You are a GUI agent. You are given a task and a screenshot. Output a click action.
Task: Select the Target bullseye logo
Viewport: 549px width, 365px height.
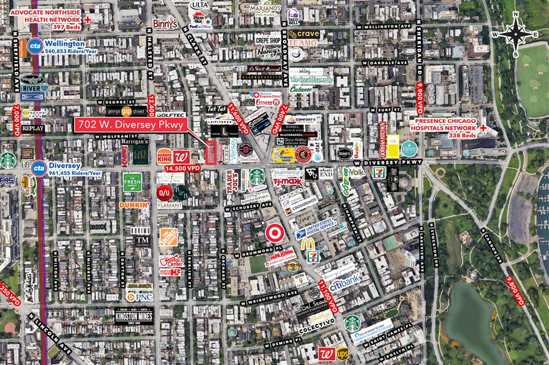pyautogui.click(x=274, y=233)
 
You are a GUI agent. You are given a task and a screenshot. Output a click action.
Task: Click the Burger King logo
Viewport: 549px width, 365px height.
pyautogui.click(x=164, y=156)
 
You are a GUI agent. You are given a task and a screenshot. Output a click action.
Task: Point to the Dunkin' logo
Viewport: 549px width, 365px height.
pyautogui.click(x=134, y=205)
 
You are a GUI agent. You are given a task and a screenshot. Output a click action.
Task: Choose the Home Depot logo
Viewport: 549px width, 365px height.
pyautogui.click(x=168, y=237)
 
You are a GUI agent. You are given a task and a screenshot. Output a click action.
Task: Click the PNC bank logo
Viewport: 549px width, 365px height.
pyautogui.click(x=139, y=297)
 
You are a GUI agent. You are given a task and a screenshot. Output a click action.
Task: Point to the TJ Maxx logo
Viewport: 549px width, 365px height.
pyautogui.click(x=287, y=182)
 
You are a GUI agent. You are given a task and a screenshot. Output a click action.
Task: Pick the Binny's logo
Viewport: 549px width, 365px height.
pyautogui.click(x=165, y=24)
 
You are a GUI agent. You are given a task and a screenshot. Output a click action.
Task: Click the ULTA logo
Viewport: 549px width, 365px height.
pyautogui.click(x=199, y=5)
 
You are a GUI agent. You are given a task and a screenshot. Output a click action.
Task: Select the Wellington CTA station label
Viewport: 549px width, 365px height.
pyautogui.click(x=65, y=44)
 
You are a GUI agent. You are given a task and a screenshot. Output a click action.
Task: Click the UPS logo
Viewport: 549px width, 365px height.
pyautogui.click(x=342, y=353)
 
